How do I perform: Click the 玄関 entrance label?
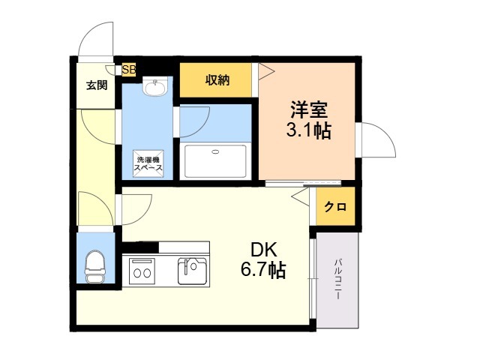pyautogui.click(x=97, y=85)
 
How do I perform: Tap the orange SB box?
pyautogui.click(x=129, y=70)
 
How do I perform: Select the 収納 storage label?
pyautogui.click(x=217, y=80)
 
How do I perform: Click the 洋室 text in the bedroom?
pyautogui.click(x=309, y=109)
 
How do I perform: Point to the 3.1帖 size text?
pyautogui.click(x=308, y=130)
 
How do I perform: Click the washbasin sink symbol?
pyautogui.click(x=155, y=87)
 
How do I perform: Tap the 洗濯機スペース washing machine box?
pyautogui.click(x=148, y=163)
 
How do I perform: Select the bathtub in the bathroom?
pyautogui.click(x=215, y=161)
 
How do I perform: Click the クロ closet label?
pyautogui.click(x=335, y=207)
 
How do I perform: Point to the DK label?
pyautogui.click(x=264, y=250)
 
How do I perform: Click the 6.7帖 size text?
pyautogui.click(x=263, y=270)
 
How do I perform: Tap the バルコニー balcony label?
pyautogui.click(x=337, y=279)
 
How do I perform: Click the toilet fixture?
pyautogui.click(x=95, y=266)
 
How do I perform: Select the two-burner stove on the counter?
pyautogui.click(x=142, y=271)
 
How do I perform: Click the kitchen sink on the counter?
pyautogui.click(x=192, y=271)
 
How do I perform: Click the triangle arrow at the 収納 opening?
pyautogui.click(x=266, y=72)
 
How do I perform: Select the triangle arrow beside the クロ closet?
pyautogui.click(x=300, y=196)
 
